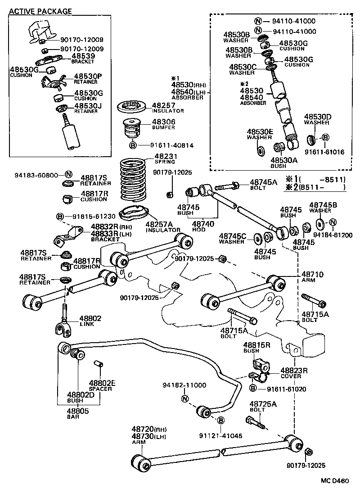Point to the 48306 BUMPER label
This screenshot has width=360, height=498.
coord(164,125)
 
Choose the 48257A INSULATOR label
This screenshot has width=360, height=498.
coord(162,226)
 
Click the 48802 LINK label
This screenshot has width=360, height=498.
coord(90,321)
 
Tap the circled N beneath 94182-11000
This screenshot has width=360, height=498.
coord(184,398)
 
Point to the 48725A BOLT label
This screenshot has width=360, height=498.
coord(263,407)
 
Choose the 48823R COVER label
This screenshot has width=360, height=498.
coord(294,373)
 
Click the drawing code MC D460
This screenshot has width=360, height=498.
coord(334,481)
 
